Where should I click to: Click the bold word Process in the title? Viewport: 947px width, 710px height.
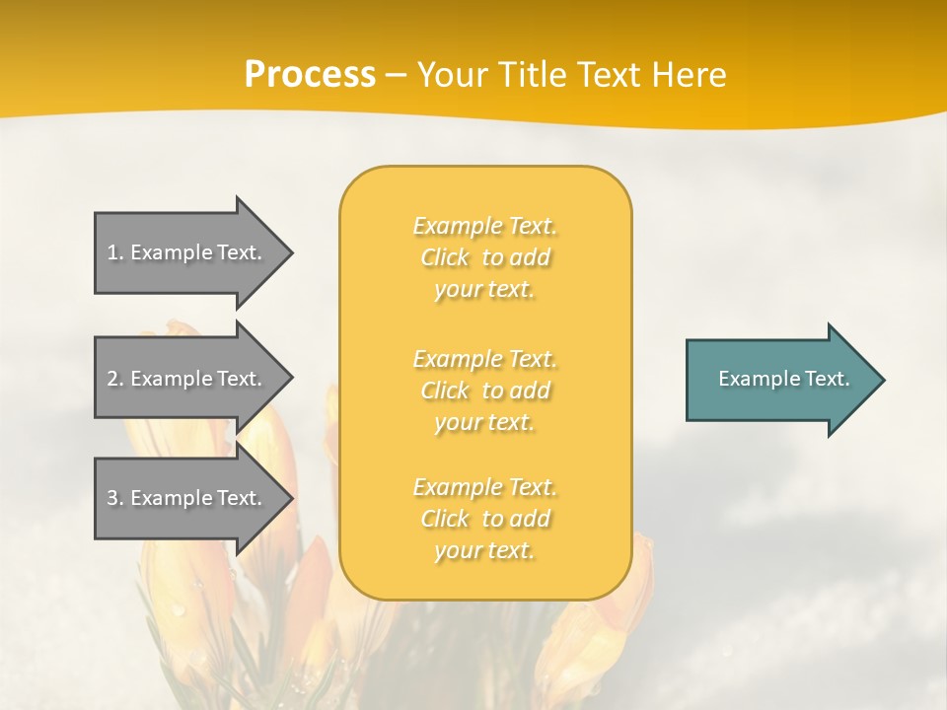pos(310,75)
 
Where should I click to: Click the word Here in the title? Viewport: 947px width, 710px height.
pos(690,75)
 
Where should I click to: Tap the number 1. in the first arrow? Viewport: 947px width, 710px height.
pos(115,252)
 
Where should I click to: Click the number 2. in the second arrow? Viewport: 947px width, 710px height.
pos(115,379)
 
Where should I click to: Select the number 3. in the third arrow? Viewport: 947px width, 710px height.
pos(115,498)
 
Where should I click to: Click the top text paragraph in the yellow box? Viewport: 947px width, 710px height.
pos(484,257)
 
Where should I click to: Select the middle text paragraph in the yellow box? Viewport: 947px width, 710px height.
pos(484,390)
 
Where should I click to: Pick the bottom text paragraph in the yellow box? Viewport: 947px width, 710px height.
pos(484,519)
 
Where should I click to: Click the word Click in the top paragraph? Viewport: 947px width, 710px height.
pos(445,257)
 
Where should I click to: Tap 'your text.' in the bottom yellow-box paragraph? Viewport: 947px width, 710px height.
pos(484,550)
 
